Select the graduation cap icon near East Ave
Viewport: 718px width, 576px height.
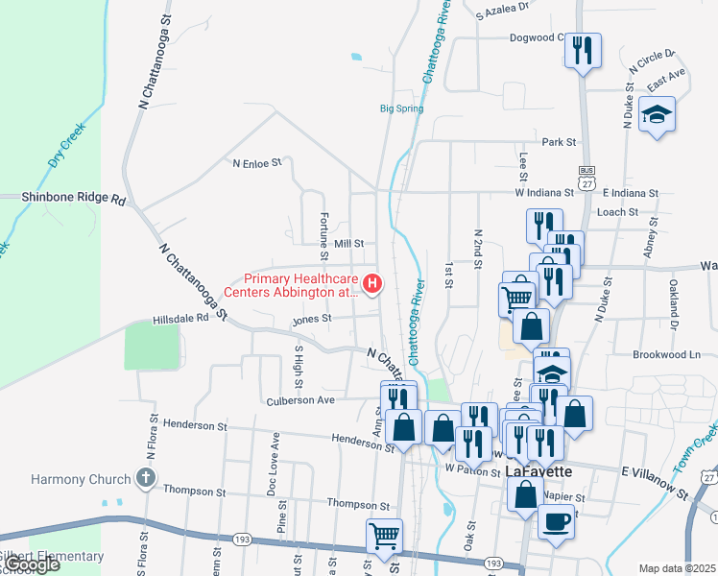(x=657, y=114)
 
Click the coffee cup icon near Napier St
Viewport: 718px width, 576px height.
(x=557, y=521)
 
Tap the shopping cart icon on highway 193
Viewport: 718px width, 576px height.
(x=384, y=536)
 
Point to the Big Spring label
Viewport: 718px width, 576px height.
(x=401, y=108)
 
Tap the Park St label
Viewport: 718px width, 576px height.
(x=558, y=142)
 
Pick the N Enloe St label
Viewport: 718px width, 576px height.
(x=258, y=163)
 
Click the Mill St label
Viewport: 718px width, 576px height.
(x=348, y=245)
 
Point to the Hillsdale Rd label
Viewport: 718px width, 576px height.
(x=180, y=321)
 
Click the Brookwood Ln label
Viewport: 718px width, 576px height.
(x=666, y=354)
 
